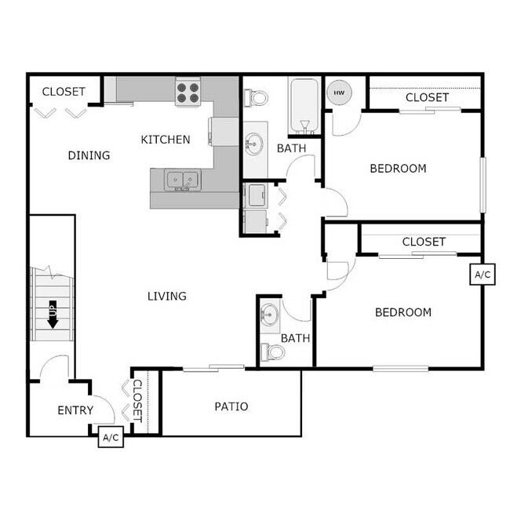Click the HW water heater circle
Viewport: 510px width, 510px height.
tap(339, 93)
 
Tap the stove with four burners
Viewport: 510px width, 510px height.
tap(188, 93)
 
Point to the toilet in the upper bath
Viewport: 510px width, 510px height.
tap(256, 98)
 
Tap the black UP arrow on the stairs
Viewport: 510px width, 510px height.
tap(53, 314)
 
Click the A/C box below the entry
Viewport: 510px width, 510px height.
tap(110, 438)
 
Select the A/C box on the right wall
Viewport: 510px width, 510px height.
tap(482, 275)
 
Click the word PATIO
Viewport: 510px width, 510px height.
tap(231, 406)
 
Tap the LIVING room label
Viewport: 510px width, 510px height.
tap(167, 296)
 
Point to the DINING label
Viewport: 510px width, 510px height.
tap(89, 155)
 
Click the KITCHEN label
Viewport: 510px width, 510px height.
tap(165, 140)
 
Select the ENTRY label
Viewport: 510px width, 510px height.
tap(75, 410)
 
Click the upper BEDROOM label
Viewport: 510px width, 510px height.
tap(398, 168)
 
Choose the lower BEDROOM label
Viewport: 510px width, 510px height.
tap(403, 312)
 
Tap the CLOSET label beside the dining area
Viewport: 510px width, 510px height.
tap(64, 92)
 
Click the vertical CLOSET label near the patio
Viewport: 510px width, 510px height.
tap(137, 401)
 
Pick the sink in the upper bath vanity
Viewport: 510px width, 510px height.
tap(253, 144)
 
